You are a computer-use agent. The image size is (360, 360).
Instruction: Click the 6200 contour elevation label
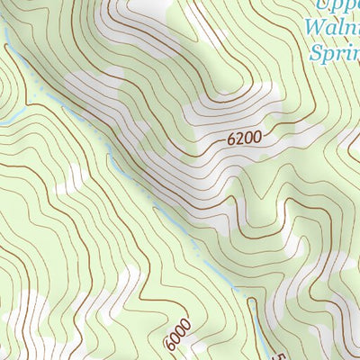tap(245, 139)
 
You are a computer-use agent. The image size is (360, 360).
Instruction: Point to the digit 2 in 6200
tap(241, 139)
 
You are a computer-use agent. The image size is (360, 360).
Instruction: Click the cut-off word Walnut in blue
tap(332, 30)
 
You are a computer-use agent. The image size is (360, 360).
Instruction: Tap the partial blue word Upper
tap(337, 6)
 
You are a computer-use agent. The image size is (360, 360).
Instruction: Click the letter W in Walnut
tap(314, 29)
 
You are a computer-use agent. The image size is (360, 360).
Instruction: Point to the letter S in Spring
tap(315, 54)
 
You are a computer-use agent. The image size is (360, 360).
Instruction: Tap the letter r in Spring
tap(338, 56)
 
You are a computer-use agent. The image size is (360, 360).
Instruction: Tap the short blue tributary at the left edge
tap(11, 118)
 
